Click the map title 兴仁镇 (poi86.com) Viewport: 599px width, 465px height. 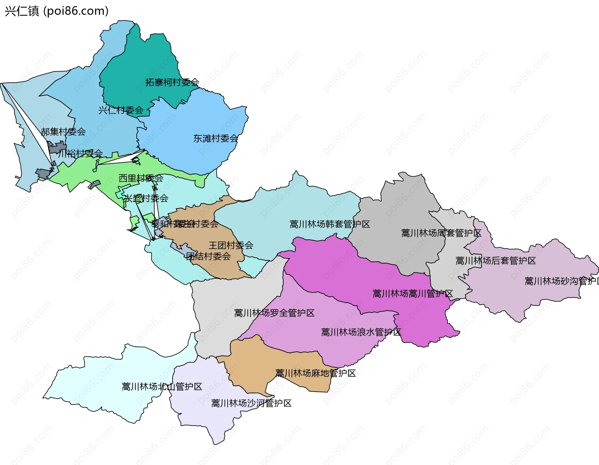(x=56, y=11)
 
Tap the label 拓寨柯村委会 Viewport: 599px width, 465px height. (x=172, y=82)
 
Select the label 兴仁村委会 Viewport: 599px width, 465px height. (x=121, y=110)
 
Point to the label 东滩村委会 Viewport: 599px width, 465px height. (x=216, y=139)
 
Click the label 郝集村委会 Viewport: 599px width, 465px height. (x=63, y=132)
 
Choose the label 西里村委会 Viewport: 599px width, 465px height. (x=141, y=178)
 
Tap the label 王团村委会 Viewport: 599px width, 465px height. (x=231, y=245)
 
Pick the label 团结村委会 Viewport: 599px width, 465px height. (x=208, y=257)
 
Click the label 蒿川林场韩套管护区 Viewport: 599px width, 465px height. (x=330, y=224)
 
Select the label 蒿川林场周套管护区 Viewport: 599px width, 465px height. (x=441, y=233)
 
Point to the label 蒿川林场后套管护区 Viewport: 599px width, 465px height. (x=495, y=261)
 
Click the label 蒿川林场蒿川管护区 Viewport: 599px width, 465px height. (x=412, y=294)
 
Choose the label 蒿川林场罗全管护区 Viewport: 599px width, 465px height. (x=274, y=313)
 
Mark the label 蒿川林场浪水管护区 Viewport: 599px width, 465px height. (x=361, y=332)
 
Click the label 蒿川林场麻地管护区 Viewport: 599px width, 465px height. (x=315, y=373)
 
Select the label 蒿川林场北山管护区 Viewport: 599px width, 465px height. (x=162, y=387)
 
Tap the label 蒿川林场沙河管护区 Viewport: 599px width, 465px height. (x=251, y=403)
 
